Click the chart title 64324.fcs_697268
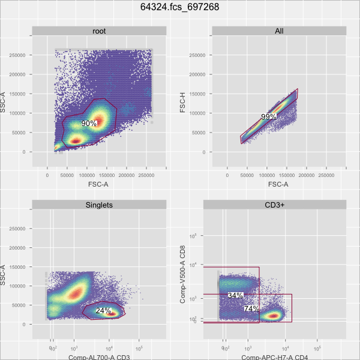point(179,8)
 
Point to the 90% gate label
point(89,124)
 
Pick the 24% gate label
point(103,311)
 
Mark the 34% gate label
point(235,296)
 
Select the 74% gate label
point(251,308)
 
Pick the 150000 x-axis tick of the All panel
point(286,175)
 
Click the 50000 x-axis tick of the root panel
point(67,175)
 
